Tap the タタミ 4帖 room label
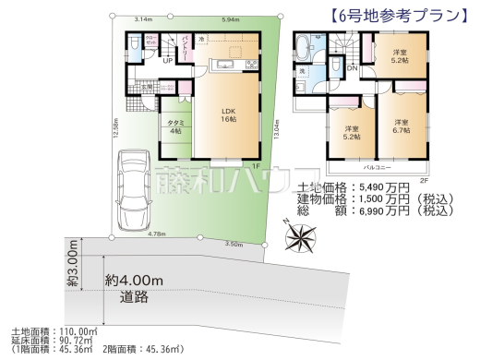click(173, 127)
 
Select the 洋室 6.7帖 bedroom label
click(402, 127)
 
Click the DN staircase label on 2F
click(352, 67)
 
